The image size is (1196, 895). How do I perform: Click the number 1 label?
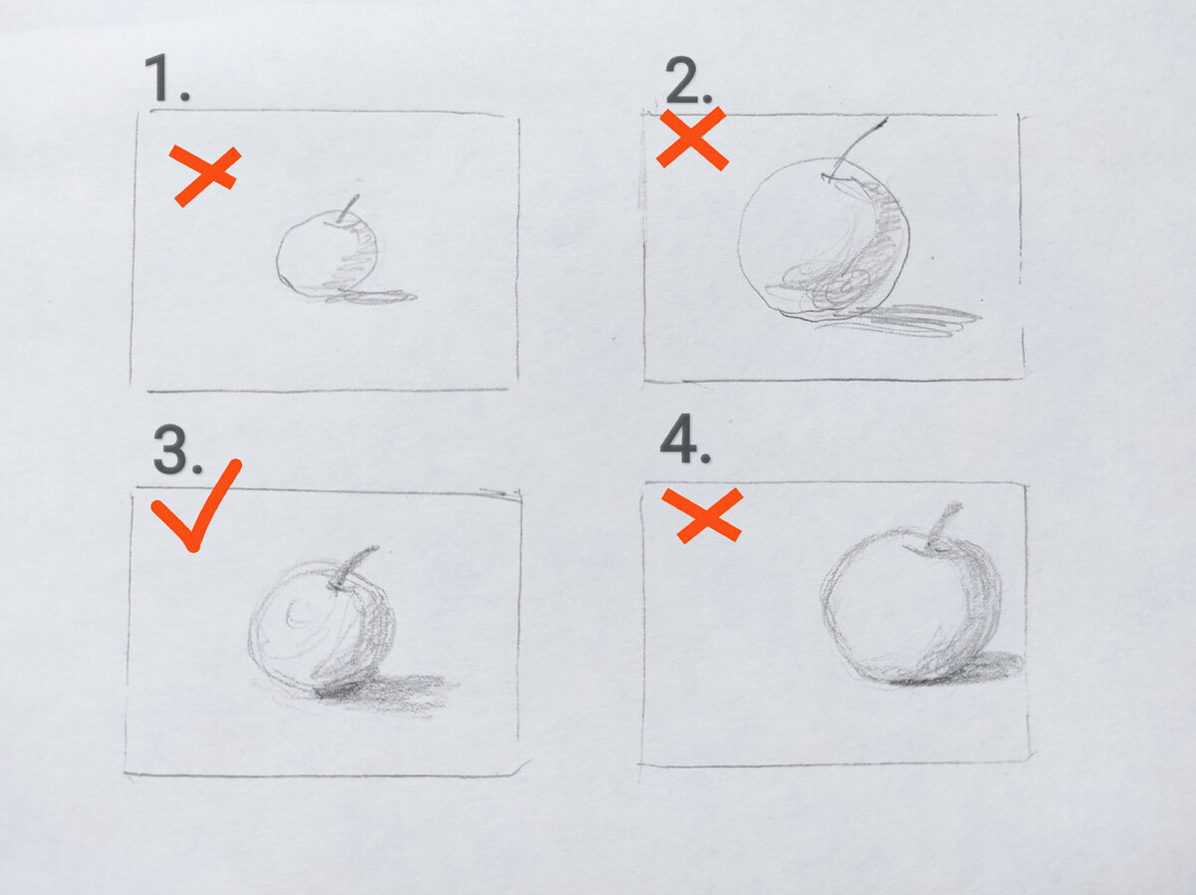pyautogui.click(x=166, y=78)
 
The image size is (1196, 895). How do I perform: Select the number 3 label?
pyautogui.click(x=177, y=449)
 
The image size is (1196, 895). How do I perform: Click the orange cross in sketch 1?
pyautogui.click(x=205, y=176)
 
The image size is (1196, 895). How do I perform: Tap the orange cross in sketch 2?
pyautogui.click(x=692, y=139)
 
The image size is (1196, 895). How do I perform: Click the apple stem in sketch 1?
pyautogui.click(x=348, y=209)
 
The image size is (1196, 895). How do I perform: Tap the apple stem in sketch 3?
pyautogui.click(x=352, y=568)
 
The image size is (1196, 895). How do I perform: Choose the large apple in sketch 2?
pyautogui.click(x=824, y=238)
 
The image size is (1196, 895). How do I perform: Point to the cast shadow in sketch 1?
pyautogui.click(x=372, y=296)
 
